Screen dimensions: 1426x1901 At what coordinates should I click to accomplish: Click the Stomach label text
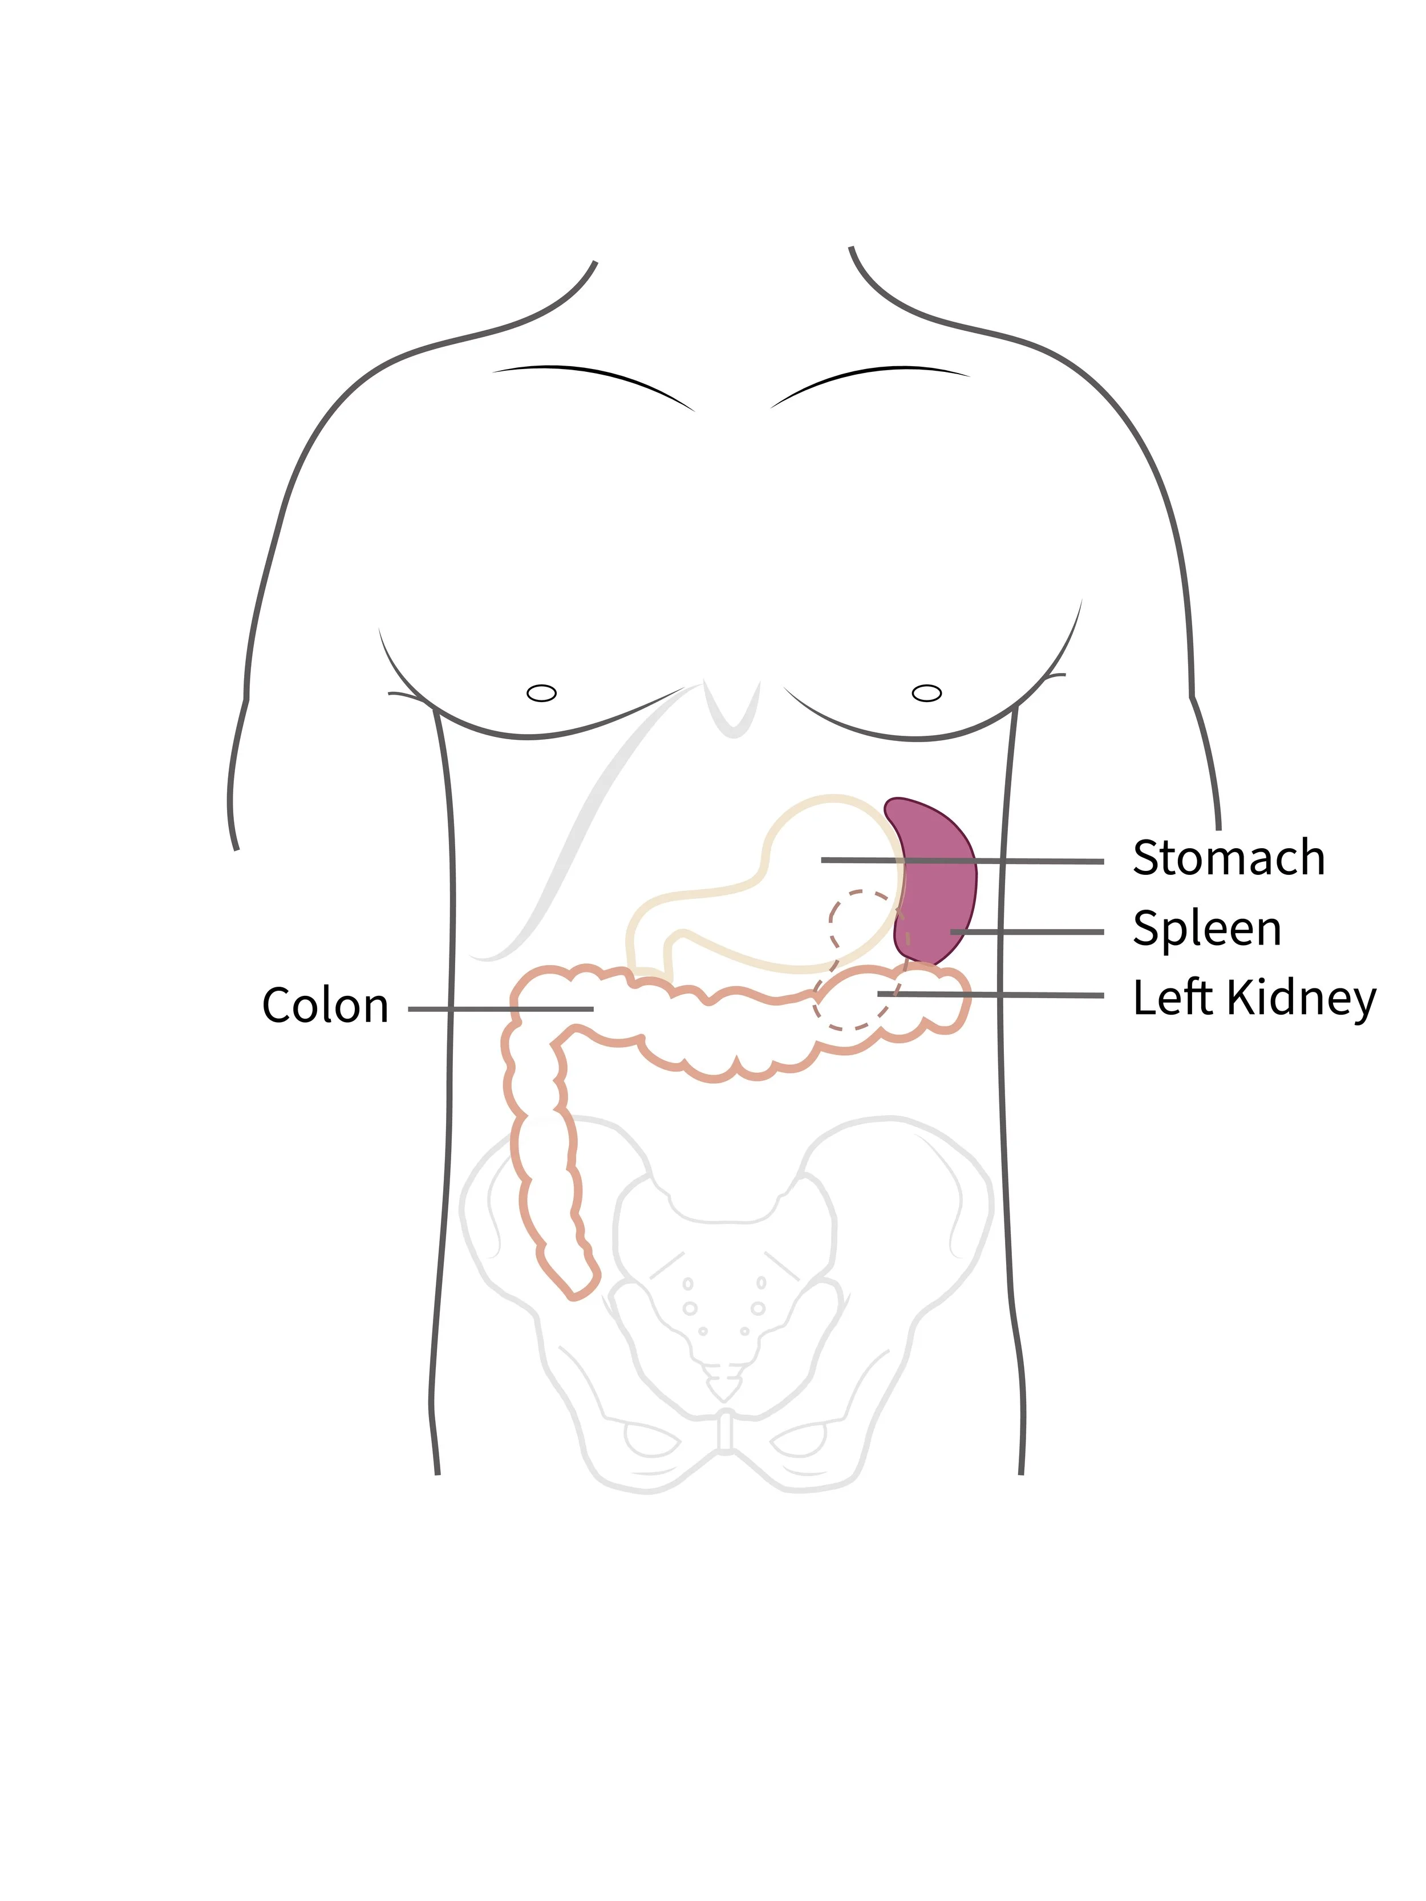1228,858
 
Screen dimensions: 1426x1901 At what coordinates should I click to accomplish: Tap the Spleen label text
1206,929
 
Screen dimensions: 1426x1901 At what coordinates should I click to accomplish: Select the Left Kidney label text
1253,999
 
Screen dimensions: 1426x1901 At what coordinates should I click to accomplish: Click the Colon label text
325,1006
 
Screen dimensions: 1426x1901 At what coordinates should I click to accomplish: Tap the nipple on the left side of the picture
541,692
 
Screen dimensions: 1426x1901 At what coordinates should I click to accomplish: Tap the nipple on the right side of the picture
926,692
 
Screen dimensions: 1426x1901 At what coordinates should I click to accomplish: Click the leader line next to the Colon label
500,1009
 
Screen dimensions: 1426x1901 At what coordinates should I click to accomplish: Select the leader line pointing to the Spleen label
1027,931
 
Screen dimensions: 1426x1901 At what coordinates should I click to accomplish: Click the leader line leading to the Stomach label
963,860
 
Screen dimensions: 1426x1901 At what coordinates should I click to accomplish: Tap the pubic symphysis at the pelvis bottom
726,1431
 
